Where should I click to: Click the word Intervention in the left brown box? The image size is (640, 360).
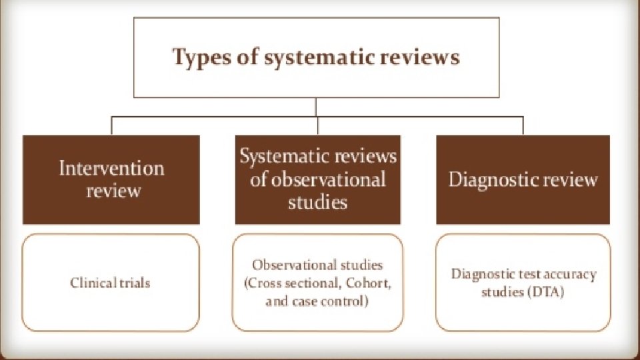click(111, 167)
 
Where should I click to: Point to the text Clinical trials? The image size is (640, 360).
click(111, 283)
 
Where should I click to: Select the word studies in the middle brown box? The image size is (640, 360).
click(318, 202)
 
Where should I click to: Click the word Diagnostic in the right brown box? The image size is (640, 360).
click(493, 179)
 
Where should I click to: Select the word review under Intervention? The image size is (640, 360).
click(113, 191)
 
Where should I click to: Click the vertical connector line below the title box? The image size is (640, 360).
click(316, 107)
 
